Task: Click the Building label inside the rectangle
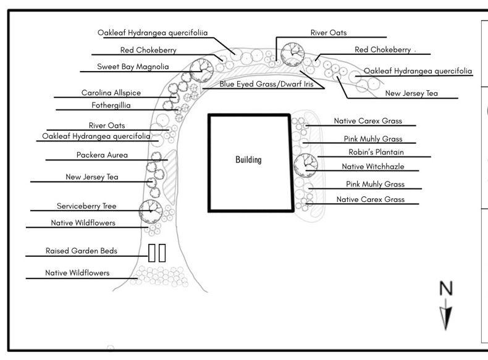[x=248, y=159]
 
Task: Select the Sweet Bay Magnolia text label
[x=133, y=67]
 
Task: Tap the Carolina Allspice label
[x=111, y=93]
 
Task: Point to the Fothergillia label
[x=111, y=106]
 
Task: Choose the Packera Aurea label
[x=102, y=155]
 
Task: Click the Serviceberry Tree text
[x=86, y=206]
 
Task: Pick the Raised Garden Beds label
[x=81, y=251]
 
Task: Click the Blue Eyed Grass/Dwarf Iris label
[x=266, y=84]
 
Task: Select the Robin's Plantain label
[x=376, y=152]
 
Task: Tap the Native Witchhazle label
[x=373, y=167]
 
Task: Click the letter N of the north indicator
[x=445, y=288]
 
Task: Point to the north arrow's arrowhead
[x=445, y=318]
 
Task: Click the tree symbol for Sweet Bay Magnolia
[x=201, y=70]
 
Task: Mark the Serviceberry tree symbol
[x=151, y=212]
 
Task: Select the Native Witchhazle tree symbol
[x=306, y=165]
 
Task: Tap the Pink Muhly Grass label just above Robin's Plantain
[x=373, y=139]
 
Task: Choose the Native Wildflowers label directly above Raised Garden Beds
[x=83, y=223]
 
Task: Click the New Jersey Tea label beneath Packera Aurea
[x=92, y=177]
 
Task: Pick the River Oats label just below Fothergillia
[x=107, y=126]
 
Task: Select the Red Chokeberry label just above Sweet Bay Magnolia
[x=148, y=50]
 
